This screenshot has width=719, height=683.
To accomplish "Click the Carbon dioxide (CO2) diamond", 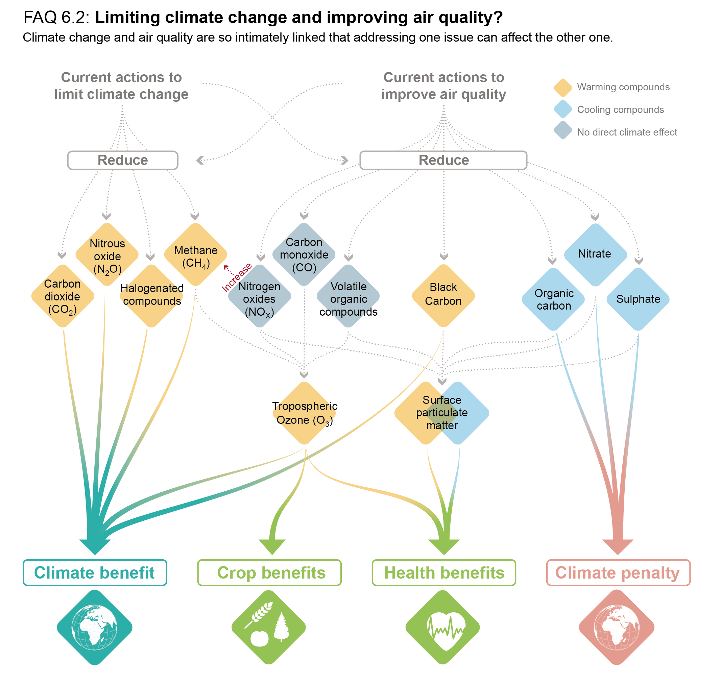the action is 63,296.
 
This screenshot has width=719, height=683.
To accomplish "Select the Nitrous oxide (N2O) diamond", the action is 107,254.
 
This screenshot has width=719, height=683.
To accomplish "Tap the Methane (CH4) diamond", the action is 196,254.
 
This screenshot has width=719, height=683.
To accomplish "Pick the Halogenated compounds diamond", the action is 151,296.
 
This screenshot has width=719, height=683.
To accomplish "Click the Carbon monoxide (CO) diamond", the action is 304,254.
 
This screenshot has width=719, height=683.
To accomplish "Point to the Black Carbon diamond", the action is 443,296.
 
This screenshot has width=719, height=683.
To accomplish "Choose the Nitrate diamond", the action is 596,255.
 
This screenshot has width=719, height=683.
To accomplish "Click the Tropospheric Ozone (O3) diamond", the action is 304,413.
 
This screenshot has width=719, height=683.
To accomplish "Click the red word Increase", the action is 237,277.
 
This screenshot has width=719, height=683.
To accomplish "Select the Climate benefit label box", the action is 95,573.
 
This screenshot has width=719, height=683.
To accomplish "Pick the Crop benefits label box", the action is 269,573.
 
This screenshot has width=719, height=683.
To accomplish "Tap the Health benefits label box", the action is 444,573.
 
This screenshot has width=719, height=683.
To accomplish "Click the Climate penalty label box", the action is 619,573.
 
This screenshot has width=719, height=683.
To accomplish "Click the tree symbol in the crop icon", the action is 281,627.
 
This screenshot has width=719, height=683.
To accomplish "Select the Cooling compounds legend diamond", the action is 563,109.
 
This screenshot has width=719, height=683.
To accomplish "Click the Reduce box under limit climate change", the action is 123,160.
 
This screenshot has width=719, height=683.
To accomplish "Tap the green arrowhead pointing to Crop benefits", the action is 272,547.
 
